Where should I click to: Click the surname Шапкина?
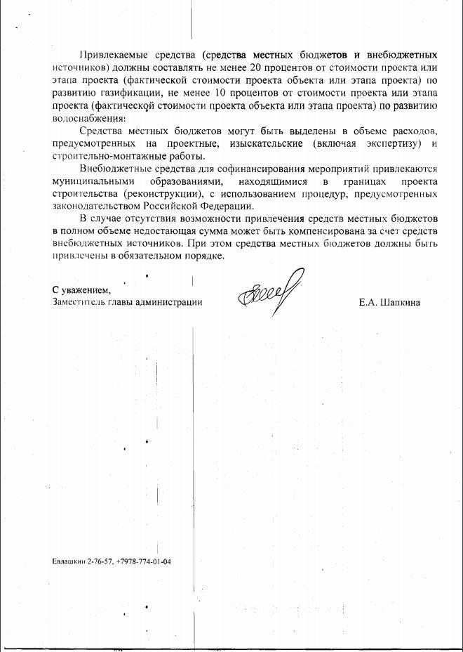pyautogui.click(x=398, y=302)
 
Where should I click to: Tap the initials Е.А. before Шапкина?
pyautogui.click(x=367, y=302)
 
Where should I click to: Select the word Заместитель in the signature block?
pyautogui.click(x=78, y=302)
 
